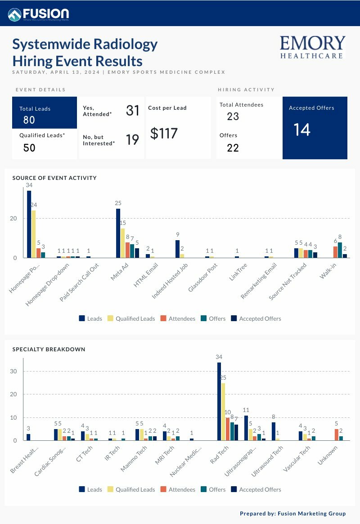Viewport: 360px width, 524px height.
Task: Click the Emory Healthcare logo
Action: coord(312,47)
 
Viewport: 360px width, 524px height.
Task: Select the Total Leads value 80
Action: coord(29,120)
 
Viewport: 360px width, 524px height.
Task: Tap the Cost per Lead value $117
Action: coord(164,134)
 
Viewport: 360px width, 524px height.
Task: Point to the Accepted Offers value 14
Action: coord(302,130)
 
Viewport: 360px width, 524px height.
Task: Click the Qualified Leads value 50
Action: coord(29,148)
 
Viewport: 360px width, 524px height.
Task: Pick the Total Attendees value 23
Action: coord(233,116)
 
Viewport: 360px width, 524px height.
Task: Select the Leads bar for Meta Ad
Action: coord(118,233)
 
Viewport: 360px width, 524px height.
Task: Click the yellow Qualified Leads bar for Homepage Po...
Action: coord(34,234)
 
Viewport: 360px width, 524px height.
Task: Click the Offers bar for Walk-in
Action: coord(340,250)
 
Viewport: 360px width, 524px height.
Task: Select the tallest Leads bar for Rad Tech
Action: coord(219,401)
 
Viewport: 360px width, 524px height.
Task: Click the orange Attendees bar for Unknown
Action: coord(336,434)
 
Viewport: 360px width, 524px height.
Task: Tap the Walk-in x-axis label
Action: coord(329,271)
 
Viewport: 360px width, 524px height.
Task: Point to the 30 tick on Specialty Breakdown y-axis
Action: coord(13,372)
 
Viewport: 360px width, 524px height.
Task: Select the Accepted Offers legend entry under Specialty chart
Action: coord(256,489)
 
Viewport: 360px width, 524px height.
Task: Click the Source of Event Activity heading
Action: coord(54,178)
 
